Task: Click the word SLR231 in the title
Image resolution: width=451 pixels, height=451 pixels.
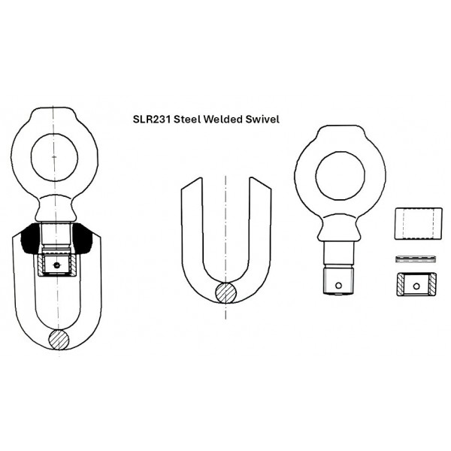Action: coord(152,120)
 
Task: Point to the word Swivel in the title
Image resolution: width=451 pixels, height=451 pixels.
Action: coord(262,120)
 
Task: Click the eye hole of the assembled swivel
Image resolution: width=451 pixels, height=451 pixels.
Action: coord(54,157)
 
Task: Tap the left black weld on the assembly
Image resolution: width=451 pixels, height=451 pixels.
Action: coord(31,239)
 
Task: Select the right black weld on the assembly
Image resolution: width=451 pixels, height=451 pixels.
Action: coord(82,239)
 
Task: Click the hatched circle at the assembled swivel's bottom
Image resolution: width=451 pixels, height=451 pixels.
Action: coord(59,340)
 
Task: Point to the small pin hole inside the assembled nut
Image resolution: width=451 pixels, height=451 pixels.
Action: coord(56,265)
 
